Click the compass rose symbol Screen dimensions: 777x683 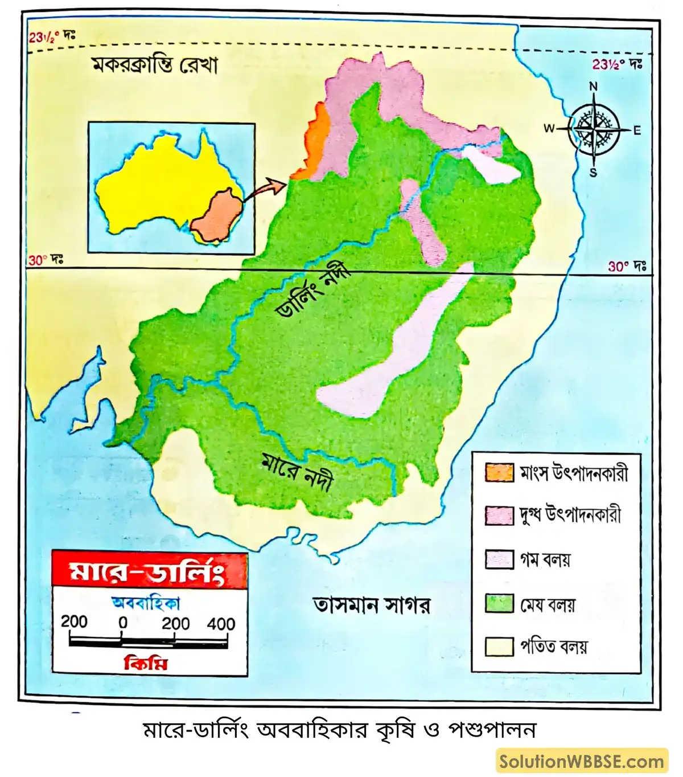point(594,129)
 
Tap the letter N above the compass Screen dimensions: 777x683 point(593,87)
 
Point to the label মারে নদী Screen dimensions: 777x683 point(297,472)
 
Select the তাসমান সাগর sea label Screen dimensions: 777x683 point(372,604)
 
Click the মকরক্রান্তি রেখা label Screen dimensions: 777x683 point(155,66)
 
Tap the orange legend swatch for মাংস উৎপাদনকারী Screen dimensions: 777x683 point(499,473)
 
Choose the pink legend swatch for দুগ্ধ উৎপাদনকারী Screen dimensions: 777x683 point(499,515)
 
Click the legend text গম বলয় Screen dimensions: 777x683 point(545,560)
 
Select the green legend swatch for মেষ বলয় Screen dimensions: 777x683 point(499,603)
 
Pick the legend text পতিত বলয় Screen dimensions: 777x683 point(553,647)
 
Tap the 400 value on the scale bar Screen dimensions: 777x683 point(221,624)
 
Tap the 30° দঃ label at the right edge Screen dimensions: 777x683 point(627,266)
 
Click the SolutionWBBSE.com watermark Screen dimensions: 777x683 point(581,762)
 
